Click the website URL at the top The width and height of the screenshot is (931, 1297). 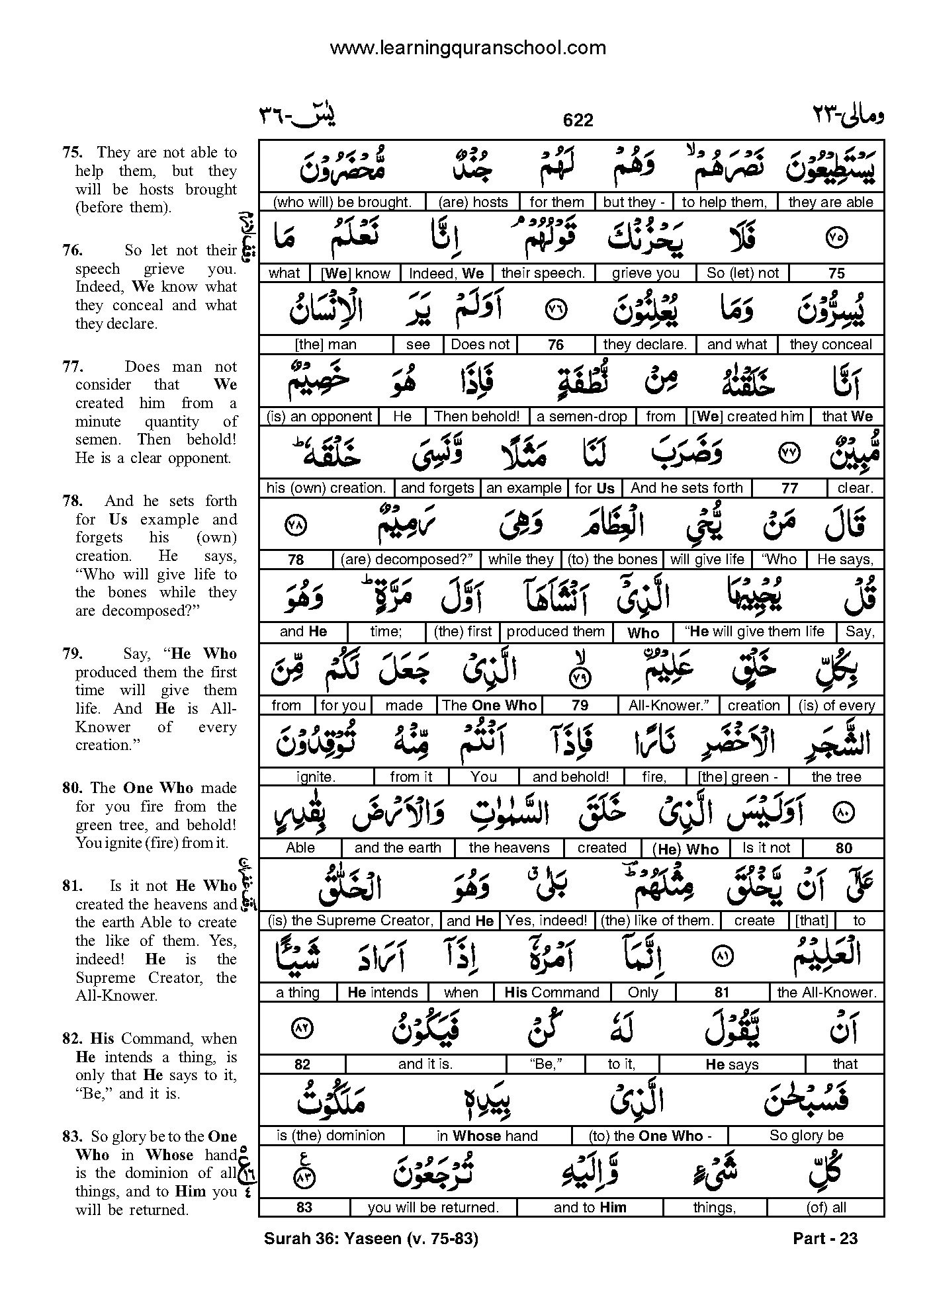pos(467,48)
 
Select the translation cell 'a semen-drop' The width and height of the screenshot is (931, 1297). pos(582,416)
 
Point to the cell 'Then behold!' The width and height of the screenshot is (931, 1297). pos(476,416)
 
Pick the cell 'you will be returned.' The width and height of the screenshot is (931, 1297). pos(433,1207)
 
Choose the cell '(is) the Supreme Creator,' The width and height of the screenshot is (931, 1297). pos(351,920)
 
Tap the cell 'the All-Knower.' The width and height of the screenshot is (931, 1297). pos(826,992)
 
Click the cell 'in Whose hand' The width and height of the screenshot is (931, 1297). pos(486,1136)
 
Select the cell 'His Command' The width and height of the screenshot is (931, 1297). pos(551,992)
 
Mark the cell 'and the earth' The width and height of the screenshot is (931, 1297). pos(398,848)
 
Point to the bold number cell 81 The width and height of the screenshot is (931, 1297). pos(722,992)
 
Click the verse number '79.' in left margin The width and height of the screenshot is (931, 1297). pos(73,654)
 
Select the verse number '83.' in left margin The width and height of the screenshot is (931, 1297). pos(73,1137)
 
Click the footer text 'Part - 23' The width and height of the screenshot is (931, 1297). pos(824,1238)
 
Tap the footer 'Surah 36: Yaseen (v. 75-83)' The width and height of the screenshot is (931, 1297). pos(371,1238)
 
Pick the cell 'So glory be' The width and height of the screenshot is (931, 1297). pos(806,1136)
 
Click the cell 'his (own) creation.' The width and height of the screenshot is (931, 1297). pos(326,488)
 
